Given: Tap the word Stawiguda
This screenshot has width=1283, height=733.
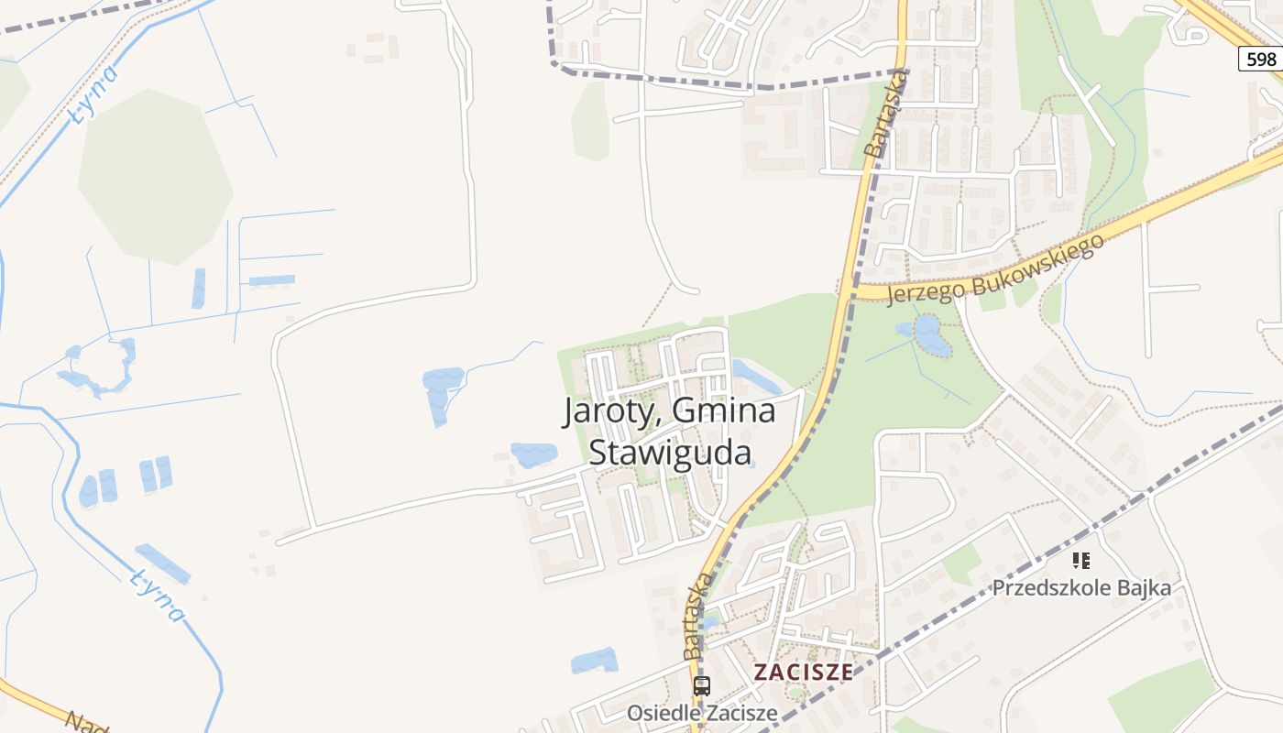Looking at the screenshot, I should [x=669, y=453].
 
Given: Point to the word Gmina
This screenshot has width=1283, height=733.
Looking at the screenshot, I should [x=724, y=411].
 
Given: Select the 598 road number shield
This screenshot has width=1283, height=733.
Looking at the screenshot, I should [x=1261, y=60].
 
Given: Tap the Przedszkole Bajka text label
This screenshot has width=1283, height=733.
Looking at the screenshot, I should [x=1081, y=588].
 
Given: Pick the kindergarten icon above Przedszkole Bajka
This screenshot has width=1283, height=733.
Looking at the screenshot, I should [x=1081, y=560].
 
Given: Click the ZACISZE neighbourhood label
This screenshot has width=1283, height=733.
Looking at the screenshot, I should [x=803, y=672].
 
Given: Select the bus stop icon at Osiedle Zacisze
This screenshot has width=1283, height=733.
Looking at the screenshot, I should [x=702, y=684].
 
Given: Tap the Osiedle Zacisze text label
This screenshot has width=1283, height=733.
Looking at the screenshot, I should [x=702, y=712].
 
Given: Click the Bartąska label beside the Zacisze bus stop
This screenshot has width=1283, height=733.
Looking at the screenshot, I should [x=696, y=616].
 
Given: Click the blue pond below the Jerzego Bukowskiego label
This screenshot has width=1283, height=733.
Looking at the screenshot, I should [x=929, y=334].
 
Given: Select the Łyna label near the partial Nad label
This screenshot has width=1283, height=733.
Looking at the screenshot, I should [x=157, y=593].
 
